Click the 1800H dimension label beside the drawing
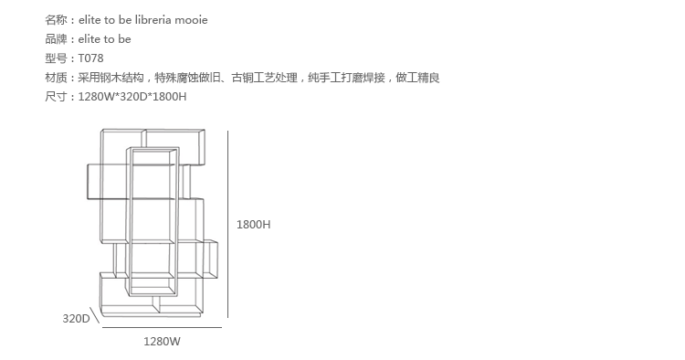253,225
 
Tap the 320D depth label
76,319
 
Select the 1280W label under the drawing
162,342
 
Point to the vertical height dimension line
227,224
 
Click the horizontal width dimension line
162,327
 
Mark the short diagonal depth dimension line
95,314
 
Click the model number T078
90,58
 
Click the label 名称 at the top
56,20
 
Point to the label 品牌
56,39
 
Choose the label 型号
56,58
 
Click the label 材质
56,78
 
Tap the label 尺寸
56,97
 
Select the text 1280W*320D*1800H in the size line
132,97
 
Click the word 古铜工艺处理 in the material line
264,78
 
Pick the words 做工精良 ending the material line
417,78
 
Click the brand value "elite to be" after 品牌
104,39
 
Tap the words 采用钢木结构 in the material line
111,78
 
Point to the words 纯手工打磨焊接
346,78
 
